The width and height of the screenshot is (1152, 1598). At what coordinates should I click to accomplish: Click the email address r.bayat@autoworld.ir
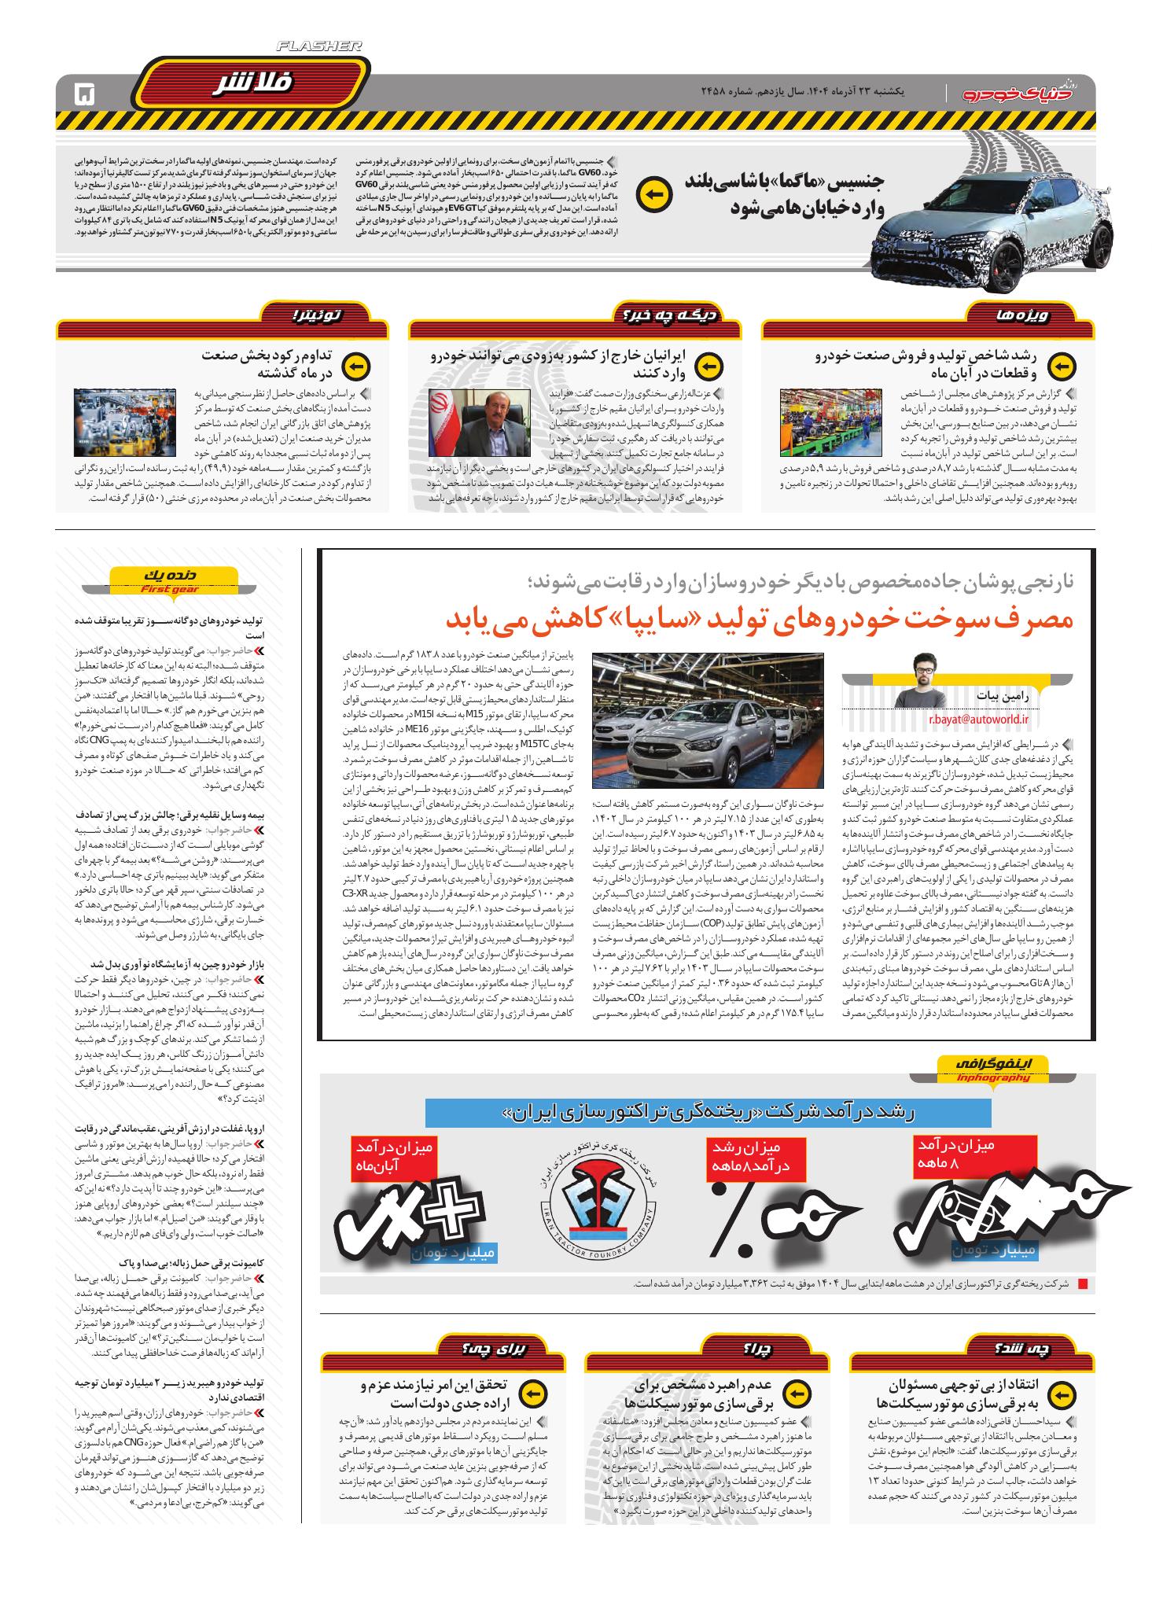[x=978, y=717]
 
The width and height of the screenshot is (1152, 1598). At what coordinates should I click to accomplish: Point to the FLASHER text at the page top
[x=319, y=48]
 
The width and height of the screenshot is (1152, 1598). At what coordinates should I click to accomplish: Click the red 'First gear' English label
[x=169, y=589]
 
